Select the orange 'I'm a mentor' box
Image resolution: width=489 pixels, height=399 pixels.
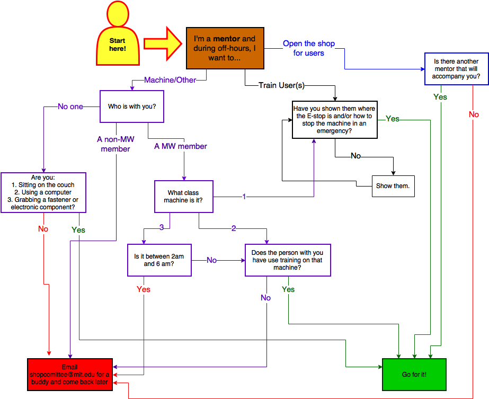click(225, 48)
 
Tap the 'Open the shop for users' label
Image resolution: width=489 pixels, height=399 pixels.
click(309, 48)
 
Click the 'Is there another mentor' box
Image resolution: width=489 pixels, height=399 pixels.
click(456, 69)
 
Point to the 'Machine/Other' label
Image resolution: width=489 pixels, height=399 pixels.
click(170, 80)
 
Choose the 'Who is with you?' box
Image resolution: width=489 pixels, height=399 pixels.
click(132, 106)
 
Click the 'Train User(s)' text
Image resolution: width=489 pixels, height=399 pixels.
click(281, 85)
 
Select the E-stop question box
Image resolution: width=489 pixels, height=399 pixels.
click(335, 120)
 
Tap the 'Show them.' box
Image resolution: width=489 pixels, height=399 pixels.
click(393, 186)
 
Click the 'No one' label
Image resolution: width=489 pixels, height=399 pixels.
click(70, 107)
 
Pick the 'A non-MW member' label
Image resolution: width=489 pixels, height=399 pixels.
click(115, 144)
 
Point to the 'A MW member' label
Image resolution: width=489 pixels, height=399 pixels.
click(181, 146)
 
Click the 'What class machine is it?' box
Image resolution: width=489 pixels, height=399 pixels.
click(183, 197)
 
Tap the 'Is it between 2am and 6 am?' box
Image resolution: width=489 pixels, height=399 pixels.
click(159, 260)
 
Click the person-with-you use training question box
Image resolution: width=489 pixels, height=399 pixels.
click(288, 260)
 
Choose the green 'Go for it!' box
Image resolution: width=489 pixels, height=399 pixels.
click(414, 375)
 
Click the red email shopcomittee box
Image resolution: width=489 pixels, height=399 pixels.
click(70, 375)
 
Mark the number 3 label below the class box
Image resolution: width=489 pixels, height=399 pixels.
click(162, 227)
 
